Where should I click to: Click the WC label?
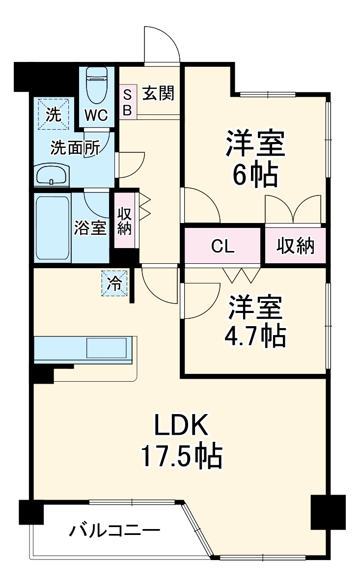(x=96, y=115)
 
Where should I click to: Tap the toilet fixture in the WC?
(x=97, y=84)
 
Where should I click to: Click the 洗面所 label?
(x=75, y=148)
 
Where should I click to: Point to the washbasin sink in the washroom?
(x=52, y=175)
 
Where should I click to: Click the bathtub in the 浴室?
(x=53, y=228)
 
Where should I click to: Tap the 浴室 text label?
(x=90, y=228)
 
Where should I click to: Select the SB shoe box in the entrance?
(x=127, y=102)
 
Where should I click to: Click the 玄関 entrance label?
(x=158, y=93)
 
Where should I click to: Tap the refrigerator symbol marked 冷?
(x=114, y=284)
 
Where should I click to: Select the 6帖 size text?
(x=254, y=175)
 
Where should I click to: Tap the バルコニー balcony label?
(x=114, y=531)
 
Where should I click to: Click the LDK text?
(x=182, y=425)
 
